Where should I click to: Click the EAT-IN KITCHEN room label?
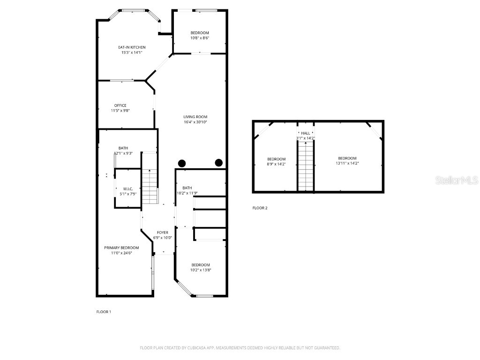point(131,47)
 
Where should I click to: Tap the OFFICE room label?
point(120,105)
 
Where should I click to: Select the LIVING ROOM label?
point(195,117)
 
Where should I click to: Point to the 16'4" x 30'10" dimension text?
point(195,122)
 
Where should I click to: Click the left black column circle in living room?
point(182,163)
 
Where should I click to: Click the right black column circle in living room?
point(218,163)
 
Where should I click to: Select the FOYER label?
point(162,232)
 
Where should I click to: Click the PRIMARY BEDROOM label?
point(121,247)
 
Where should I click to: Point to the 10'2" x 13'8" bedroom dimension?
point(201,270)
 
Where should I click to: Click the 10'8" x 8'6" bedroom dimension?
point(200,38)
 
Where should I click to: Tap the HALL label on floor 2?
point(305,133)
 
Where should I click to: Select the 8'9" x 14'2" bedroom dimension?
point(276,164)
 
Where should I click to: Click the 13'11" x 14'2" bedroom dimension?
point(347,164)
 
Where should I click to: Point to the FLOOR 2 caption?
point(260,208)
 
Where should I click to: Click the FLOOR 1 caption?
point(104,311)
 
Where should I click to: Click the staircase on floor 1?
point(150,186)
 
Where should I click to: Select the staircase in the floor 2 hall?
point(305,166)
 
